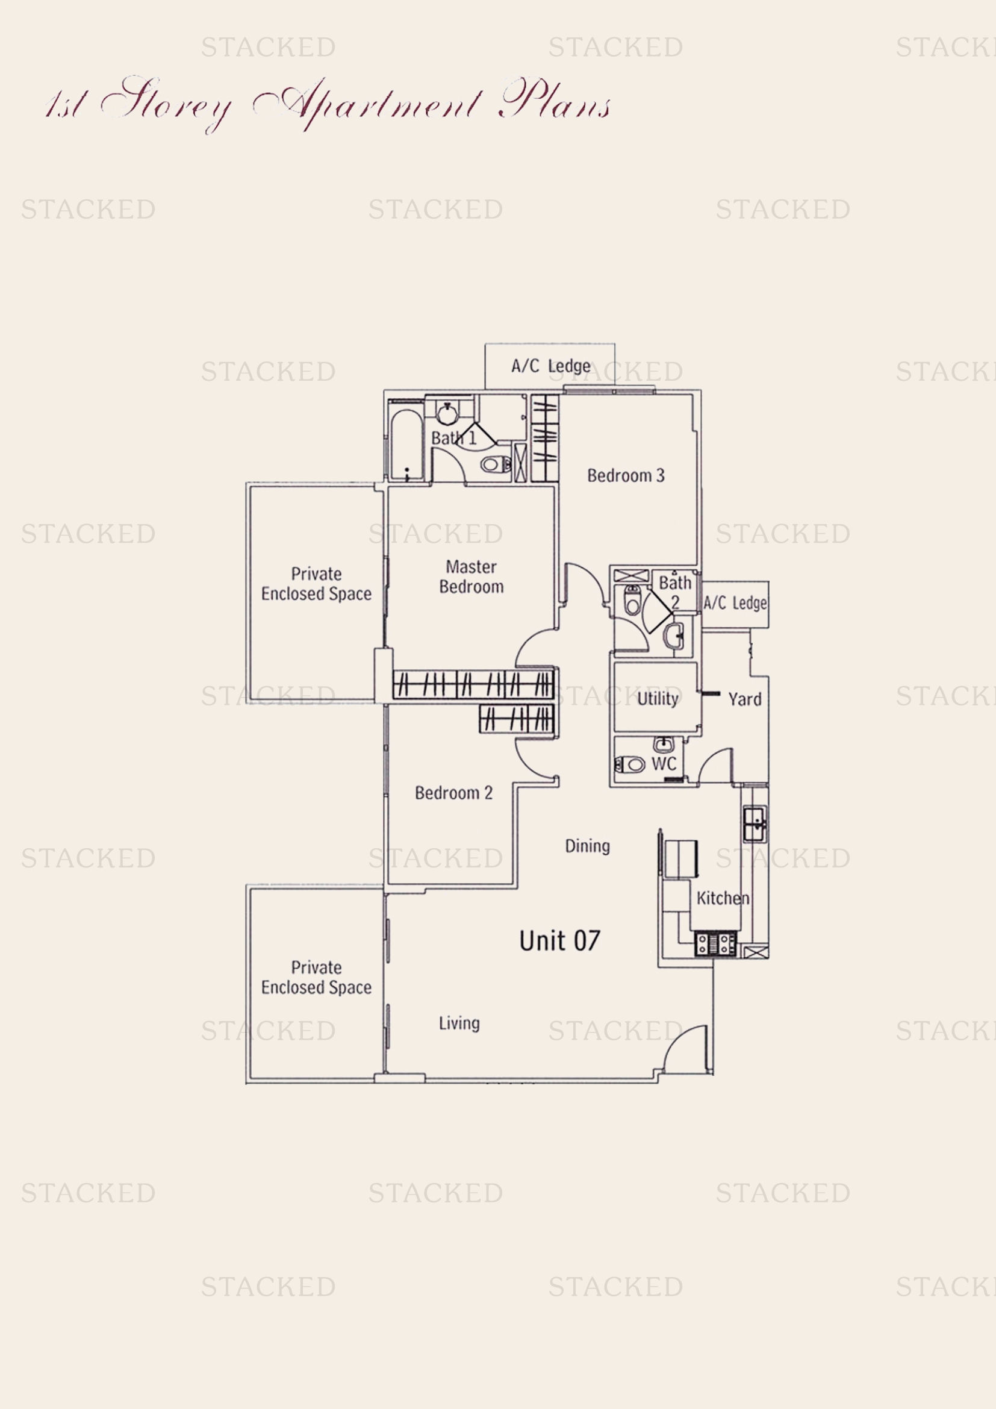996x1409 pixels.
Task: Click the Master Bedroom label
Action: pyautogui.click(x=471, y=577)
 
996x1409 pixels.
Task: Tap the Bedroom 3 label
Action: pyautogui.click(x=626, y=476)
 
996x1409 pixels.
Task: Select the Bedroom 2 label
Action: pyautogui.click(x=453, y=793)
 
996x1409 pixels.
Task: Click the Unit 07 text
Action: pyautogui.click(x=559, y=941)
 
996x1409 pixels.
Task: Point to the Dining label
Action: pyautogui.click(x=587, y=846)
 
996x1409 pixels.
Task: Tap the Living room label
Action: pyautogui.click(x=459, y=1023)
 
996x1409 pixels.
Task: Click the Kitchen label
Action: pyautogui.click(x=723, y=898)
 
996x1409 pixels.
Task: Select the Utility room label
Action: pyautogui.click(x=658, y=698)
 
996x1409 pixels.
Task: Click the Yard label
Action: pyautogui.click(x=744, y=699)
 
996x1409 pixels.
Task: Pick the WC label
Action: pyautogui.click(x=664, y=764)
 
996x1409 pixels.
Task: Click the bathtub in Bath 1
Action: pyautogui.click(x=406, y=445)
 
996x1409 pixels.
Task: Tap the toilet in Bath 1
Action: pyautogui.click(x=496, y=464)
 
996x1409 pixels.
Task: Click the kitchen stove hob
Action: pyautogui.click(x=715, y=944)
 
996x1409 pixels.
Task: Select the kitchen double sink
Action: pyautogui.click(x=755, y=824)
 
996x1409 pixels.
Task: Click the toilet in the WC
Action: pyautogui.click(x=630, y=764)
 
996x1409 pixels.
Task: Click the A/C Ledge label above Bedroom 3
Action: pyautogui.click(x=551, y=366)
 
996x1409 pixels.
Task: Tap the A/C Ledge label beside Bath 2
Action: pyautogui.click(x=735, y=603)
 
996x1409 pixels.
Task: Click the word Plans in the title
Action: pyautogui.click(x=555, y=100)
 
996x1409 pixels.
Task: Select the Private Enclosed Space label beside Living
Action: pyautogui.click(x=316, y=978)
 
